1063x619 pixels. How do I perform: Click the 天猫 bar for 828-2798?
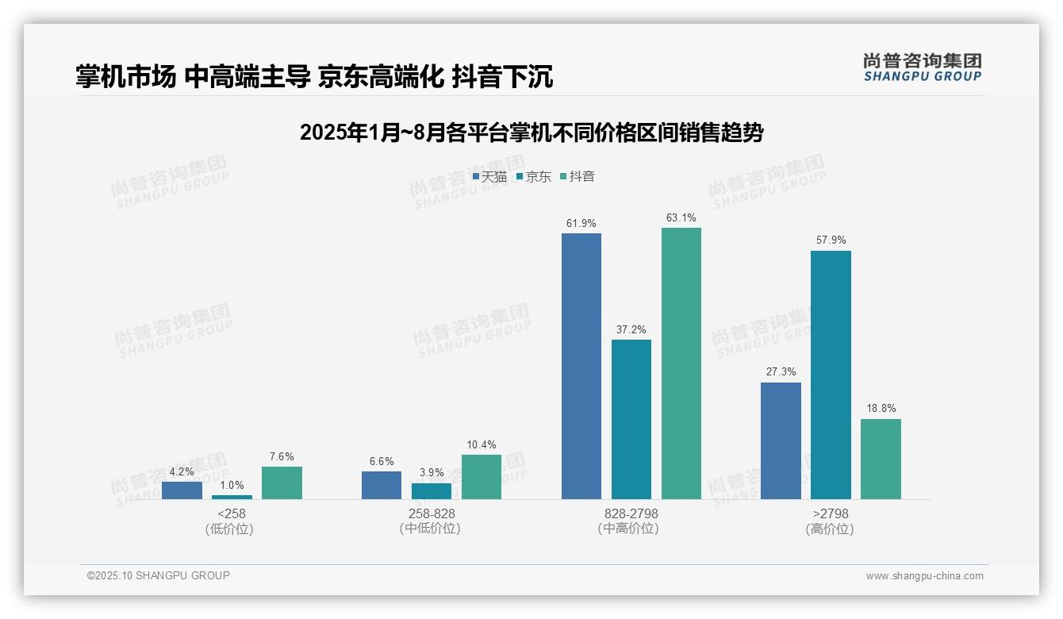click(581, 366)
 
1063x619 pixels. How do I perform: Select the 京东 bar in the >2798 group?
click(831, 375)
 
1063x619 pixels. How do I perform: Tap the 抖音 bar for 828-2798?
click(681, 363)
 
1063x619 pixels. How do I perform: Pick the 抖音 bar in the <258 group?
click(282, 483)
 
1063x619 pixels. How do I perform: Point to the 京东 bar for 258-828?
click(432, 491)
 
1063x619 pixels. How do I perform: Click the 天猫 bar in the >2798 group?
click(781, 440)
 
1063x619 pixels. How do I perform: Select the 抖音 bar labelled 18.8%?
click(881, 459)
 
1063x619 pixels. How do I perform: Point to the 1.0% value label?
click(232, 486)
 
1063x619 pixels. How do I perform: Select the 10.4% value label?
click(482, 445)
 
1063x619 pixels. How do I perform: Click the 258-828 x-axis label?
click(431, 521)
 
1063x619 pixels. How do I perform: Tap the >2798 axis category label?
click(830, 521)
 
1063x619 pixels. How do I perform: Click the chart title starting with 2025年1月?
click(531, 133)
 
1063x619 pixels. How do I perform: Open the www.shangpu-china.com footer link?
click(924, 576)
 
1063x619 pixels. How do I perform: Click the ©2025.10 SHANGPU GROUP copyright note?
click(159, 576)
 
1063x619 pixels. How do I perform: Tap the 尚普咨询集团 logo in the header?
click(922, 67)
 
